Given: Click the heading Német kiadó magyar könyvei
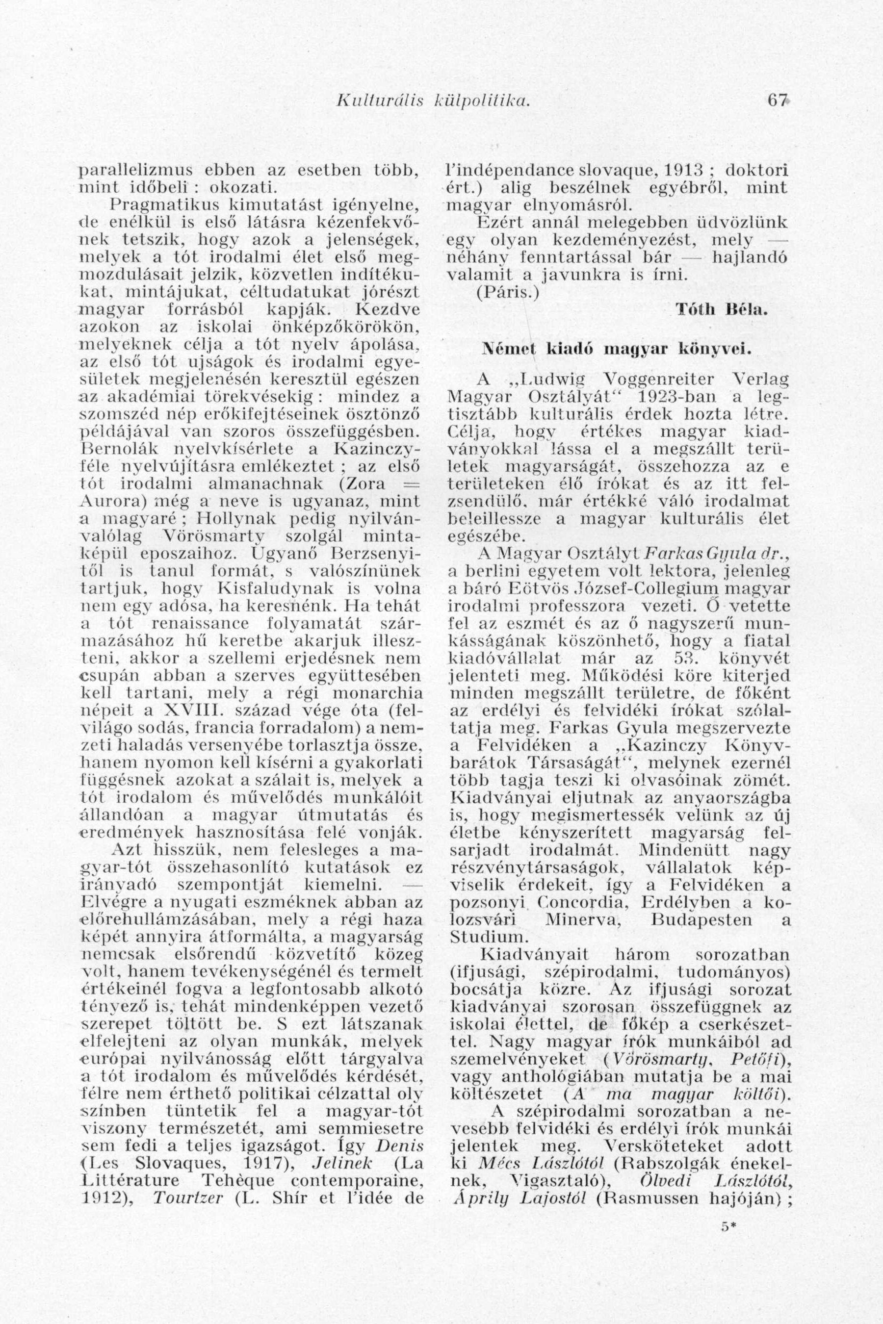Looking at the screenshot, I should pos(617,349).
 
